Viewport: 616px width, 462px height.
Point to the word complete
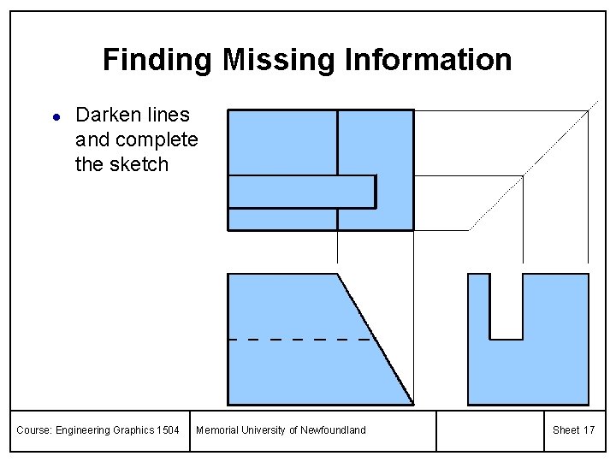click(157, 139)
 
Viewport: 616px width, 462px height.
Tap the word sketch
click(145, 164)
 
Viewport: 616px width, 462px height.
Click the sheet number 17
click(589, 430)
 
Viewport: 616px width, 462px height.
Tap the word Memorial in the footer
click(217, 430)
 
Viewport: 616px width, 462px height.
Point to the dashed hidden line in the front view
click(299, 340)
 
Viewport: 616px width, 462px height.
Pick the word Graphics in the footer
click(132, 430)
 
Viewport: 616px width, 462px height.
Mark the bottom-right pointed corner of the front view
click(412, 404)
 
